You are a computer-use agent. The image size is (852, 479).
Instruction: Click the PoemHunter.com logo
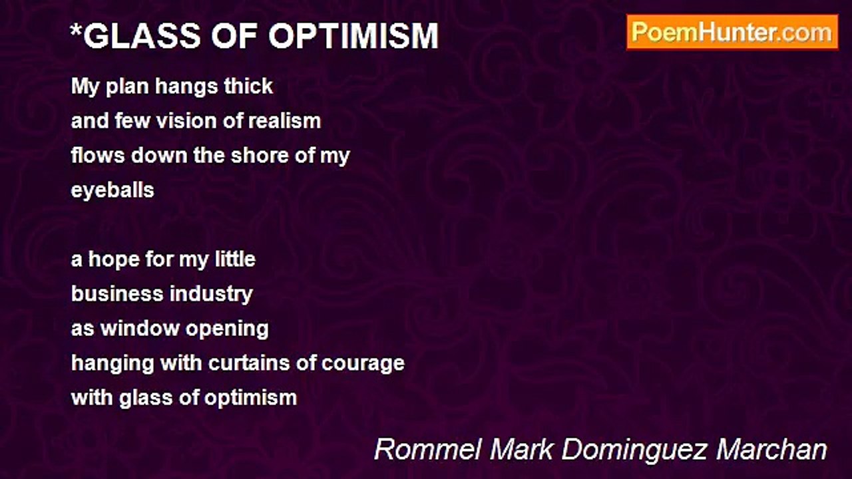coord(732,32)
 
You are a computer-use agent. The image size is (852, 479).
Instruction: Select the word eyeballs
coord(112,191)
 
